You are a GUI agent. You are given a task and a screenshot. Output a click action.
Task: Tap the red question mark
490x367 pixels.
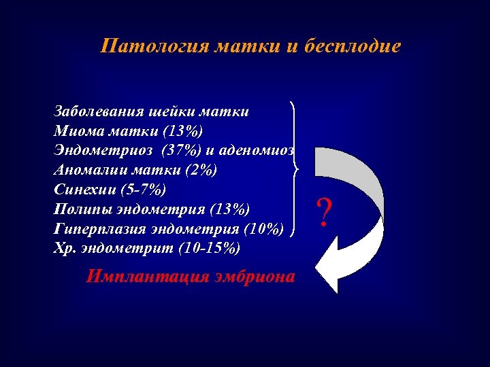[x=325, y=213]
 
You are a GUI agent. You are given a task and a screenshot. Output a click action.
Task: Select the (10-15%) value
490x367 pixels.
[x=208, y=248]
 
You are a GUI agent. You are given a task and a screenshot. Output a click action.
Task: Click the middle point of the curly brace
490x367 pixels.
[x=297, y=167]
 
